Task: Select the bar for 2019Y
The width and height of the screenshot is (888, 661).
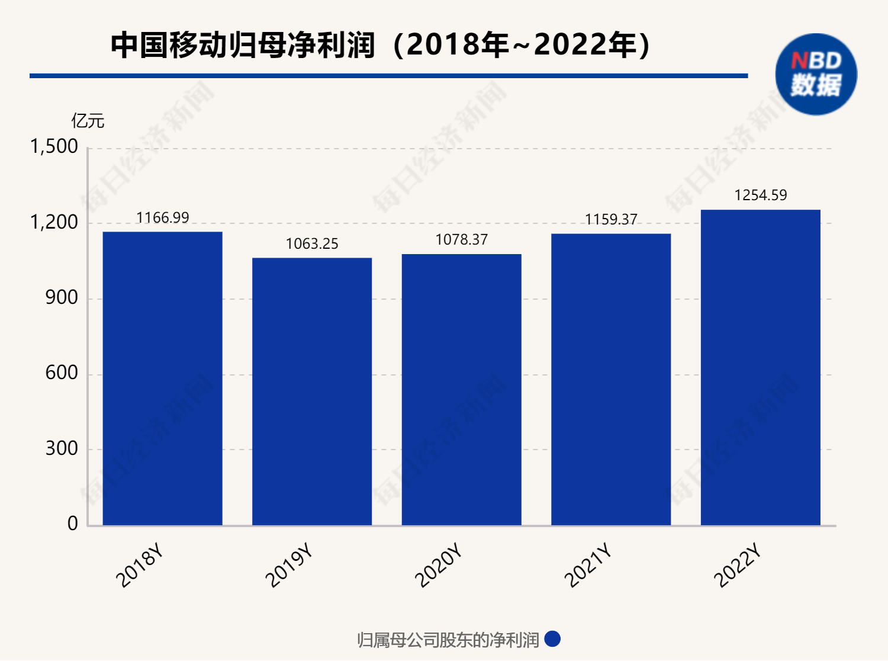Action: (x=312, y=391)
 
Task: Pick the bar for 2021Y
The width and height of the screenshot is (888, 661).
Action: (x=611, y=379)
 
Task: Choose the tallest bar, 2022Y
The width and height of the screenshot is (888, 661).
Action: (x=760, y=367)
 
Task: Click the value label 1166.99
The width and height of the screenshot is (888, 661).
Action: (x=162, y=217)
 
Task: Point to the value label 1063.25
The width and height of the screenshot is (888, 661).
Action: (x=312, y=243)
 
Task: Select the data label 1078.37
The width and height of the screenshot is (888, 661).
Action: (x=462, y=239)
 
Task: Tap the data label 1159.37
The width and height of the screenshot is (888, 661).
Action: (x=611, y=219)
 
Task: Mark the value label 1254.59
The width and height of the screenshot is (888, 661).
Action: (x=761, y=195)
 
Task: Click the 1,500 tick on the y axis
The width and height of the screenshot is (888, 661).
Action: (x=54, y=146)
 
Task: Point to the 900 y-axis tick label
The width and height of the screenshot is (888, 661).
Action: (x=62, y=297)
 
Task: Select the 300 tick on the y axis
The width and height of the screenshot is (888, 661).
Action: (x=62, y=448)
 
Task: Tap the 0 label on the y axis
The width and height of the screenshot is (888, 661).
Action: (x=72, y=524)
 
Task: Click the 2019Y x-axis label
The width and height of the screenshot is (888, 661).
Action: (x=288, y=566)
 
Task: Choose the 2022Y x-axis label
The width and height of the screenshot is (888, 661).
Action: (x=737, y=566)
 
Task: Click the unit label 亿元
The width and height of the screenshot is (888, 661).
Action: (x=88, y=121)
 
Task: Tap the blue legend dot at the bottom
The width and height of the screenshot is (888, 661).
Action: (x=552, y=639)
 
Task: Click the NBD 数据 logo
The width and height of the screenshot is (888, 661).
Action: (x=816, y=74)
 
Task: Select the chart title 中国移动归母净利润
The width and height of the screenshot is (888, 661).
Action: (x=243, y=45)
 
